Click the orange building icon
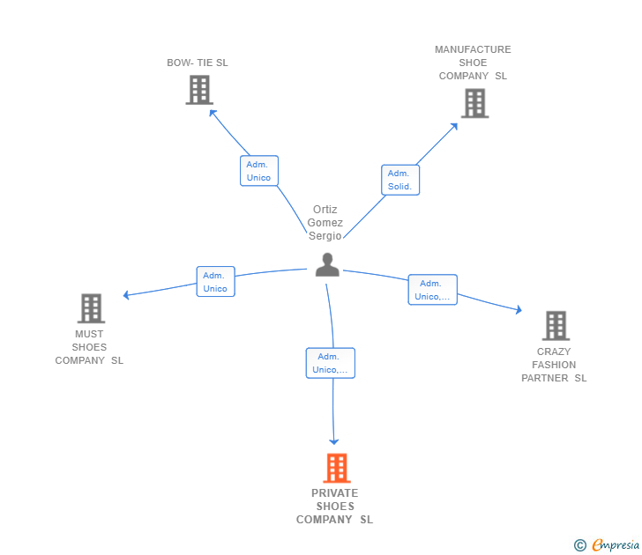(337, 468)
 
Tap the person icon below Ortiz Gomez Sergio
(327, 264)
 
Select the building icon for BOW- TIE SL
(199, 90)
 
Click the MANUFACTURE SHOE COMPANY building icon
(475, 103)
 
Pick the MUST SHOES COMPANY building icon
(92, 308)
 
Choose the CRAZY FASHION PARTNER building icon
(556, 326)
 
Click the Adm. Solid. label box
(400, 180)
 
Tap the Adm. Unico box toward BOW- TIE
(259, 171)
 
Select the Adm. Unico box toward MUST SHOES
(215, 281)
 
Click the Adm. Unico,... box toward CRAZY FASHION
(432, 290)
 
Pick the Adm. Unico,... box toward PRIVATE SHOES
(331, 363)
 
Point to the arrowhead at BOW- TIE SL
(212, 113)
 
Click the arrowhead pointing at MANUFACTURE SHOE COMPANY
(454, 126)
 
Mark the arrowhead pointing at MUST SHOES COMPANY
(126, 295)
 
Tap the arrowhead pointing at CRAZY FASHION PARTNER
(519, 309)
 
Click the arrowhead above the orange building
(333, 441)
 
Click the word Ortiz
(325, 210)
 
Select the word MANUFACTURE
(473, 49)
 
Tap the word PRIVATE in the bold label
(334, 492)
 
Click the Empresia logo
(607, 544)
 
